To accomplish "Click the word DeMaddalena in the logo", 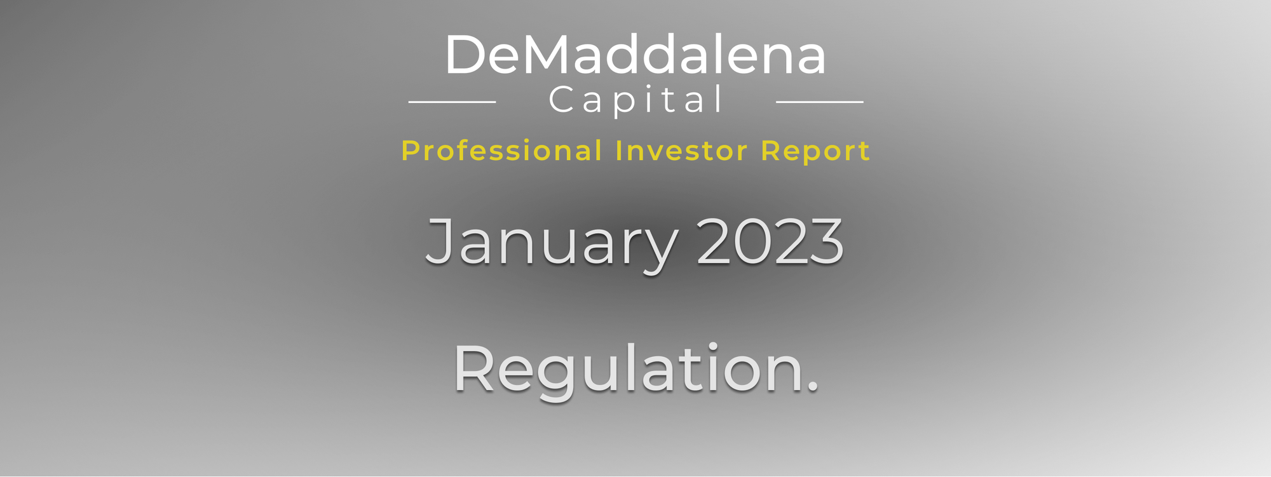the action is click(x=635, y=55).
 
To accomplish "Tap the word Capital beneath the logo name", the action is click(x=635, y=100).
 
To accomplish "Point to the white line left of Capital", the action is click(x=452, y=102).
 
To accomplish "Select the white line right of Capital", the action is click(x=820, y=102).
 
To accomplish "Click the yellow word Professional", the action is click(x=501, y=151).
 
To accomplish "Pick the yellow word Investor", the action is click(x=681, y=151).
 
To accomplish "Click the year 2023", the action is click(x=770, y=242).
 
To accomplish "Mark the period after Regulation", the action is click(x=812, y=387).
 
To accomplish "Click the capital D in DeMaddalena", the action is click(x=465, y=56).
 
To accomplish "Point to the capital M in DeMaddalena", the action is click(x=546, y=56).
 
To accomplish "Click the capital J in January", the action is click(x=441, y=242).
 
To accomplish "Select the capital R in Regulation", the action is click(x=473, y=368).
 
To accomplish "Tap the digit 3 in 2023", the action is click(x=827, y=242).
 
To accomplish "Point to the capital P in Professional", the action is click(x=411, y=151).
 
